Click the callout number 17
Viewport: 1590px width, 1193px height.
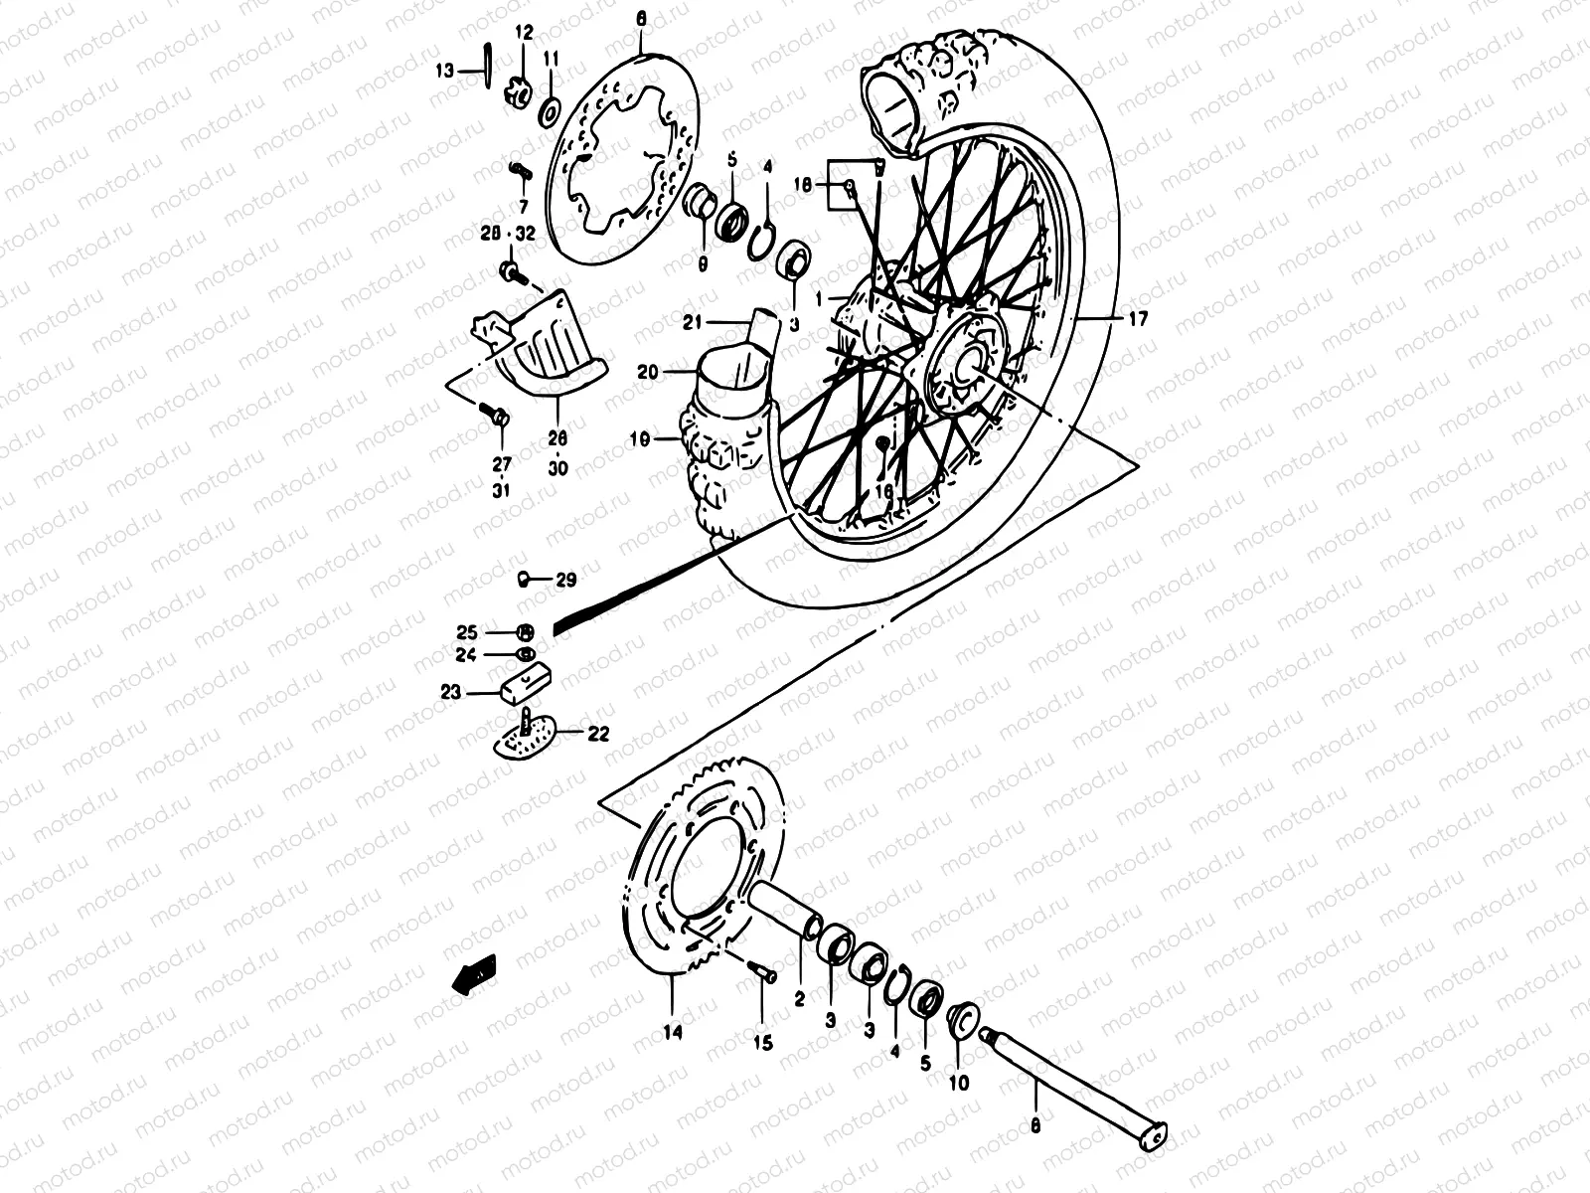click(x=1138, y=319)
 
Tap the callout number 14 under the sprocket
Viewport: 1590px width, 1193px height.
click(x=672, y=1033)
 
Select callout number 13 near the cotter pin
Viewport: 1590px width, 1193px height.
click(x=444, y=71)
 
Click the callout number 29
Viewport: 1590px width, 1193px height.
click(x=565, y=580)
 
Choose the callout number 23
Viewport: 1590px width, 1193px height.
click(x=451, y=692)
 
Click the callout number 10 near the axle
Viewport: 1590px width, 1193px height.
click(x=959, y=1083)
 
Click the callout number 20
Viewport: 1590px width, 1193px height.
click(x=648, y=372)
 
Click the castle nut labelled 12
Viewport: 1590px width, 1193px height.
click(x=517, y=90)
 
